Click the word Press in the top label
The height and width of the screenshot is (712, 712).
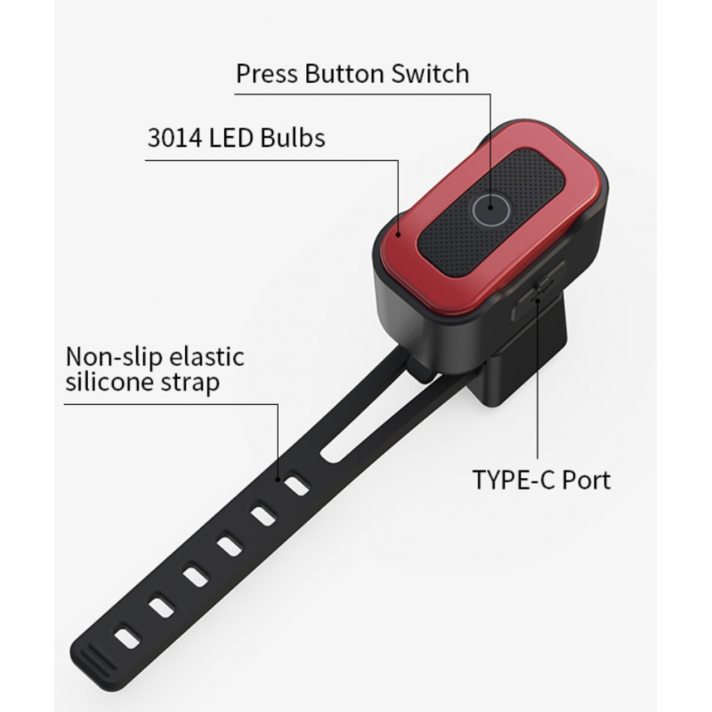(267, 74)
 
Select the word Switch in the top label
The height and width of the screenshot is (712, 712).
(430, 74)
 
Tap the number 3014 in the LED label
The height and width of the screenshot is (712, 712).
(174, 138)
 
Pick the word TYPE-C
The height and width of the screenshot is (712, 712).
(514, 480)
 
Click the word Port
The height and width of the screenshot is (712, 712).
(587, 480)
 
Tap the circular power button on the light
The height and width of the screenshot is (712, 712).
(490, 209)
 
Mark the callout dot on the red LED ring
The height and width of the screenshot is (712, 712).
(398, 235)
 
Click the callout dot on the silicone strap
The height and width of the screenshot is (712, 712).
(278, 479)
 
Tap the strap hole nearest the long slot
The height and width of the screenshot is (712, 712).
(297, 486)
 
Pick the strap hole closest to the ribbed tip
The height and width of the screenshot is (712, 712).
(126, 637)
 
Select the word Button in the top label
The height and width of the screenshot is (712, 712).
(344, 74)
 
